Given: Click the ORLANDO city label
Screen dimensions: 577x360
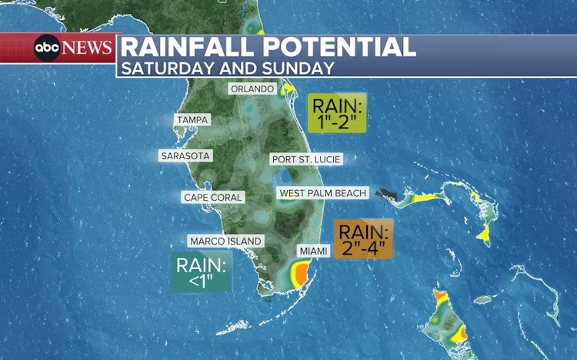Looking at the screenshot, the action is click(x=252, y=88).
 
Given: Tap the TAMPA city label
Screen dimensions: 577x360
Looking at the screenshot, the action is click(x=192, y=120).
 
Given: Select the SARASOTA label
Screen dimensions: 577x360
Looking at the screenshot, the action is click(x=185, y=155).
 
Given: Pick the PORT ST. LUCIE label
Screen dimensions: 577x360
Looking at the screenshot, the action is click(x=305, y=159).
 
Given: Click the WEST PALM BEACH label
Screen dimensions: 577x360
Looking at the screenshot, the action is click(x=323, y=193).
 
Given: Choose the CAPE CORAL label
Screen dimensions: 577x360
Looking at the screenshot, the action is click(x=213, y=198).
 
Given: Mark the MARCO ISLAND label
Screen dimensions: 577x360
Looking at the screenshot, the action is click(x=225, y=241).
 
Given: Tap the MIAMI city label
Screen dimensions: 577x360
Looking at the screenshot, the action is click(x=313, y=251).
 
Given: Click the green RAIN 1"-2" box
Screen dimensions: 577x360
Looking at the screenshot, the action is click(x=337, y=113).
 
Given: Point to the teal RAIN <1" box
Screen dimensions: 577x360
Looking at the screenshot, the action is click(x=202, y=273).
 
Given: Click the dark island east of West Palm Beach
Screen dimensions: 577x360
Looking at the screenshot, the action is click(x=389, y=195).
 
